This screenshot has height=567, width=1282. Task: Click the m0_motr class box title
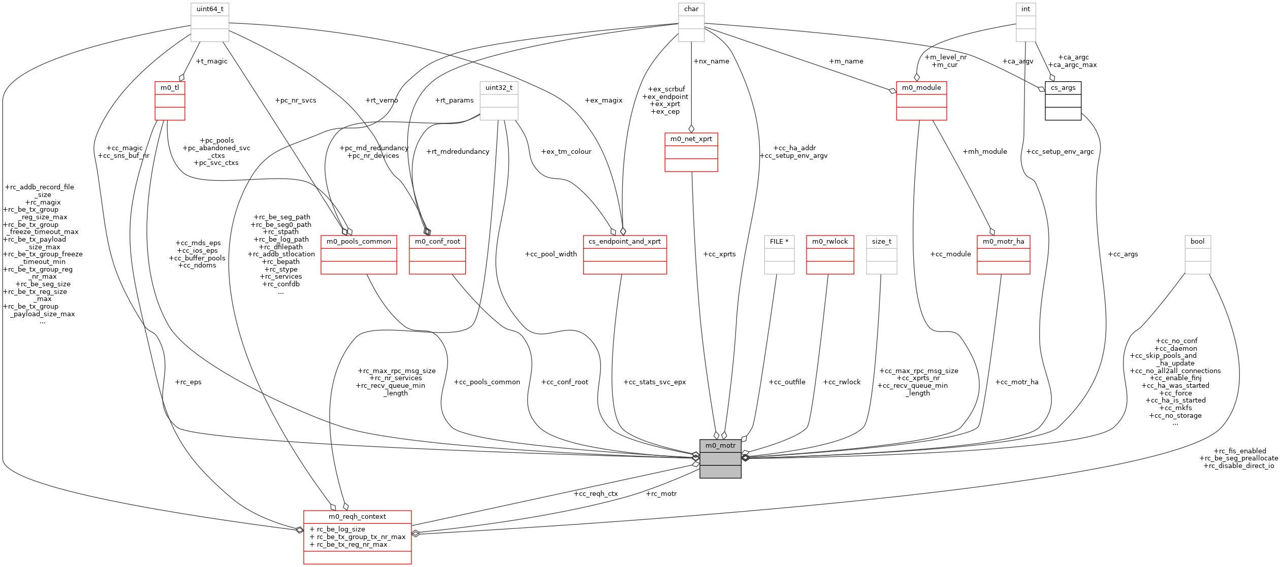720,446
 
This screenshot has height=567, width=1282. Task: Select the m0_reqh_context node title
357,517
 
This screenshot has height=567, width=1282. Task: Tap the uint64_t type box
210,9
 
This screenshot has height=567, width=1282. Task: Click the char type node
691,9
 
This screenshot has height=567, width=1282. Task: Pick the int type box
1025,9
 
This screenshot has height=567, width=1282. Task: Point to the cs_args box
1063,88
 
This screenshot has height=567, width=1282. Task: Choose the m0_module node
921,88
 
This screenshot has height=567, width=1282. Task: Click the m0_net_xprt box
691,139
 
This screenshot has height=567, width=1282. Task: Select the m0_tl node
170,88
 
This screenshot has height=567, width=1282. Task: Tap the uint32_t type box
499,88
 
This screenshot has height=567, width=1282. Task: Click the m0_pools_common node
359,242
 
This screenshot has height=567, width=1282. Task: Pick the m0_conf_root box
437,242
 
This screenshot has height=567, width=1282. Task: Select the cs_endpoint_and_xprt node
625,242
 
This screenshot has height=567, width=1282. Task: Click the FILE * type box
779,242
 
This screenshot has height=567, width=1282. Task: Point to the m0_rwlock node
830,242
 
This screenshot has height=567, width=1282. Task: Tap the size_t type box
881,242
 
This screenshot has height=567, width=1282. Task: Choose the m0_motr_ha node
1003,242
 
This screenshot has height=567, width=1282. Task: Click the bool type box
1197,242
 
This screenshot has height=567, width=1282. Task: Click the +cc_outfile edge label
787,382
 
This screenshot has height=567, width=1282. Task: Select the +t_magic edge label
211,61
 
